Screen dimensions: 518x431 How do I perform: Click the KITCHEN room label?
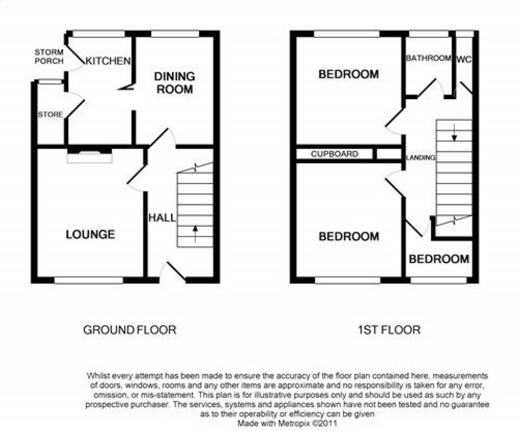[x=108, y=61]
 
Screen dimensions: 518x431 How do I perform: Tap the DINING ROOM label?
[x=175, y=83]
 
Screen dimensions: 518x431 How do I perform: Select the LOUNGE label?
[x=90, y=235]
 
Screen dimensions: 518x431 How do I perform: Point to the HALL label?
[x=162, y=218]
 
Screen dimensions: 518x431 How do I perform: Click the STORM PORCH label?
[x=49, y=57]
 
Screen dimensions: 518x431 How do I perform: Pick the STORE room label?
[x=50, y=115]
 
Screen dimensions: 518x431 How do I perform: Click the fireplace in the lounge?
[x=90, y=156]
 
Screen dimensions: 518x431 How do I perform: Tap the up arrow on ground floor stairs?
[x=195, y=233]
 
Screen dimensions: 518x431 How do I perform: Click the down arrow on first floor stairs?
[x=454, y=133]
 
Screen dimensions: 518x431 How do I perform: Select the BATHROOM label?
[x=428, y=58]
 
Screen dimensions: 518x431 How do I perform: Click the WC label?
[x=464, y=60]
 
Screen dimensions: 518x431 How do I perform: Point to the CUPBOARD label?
[x=334, y=154]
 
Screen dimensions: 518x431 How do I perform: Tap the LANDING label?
[x=420, y=157]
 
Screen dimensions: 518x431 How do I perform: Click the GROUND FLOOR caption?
[x=129, y=330]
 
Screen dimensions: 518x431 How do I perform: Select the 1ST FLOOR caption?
[x=389, y=330]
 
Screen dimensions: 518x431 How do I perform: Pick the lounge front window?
[x=89, y=280]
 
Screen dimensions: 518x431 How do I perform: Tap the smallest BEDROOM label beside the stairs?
[x=439, y=259]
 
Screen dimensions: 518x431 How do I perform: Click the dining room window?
[x=175, y=34]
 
